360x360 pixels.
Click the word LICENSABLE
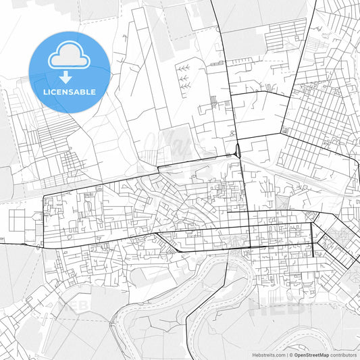70,92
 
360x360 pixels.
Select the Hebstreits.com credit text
269,354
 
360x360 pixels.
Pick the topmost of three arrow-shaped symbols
183,68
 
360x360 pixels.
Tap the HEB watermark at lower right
270,307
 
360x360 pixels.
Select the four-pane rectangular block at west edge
18,220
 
